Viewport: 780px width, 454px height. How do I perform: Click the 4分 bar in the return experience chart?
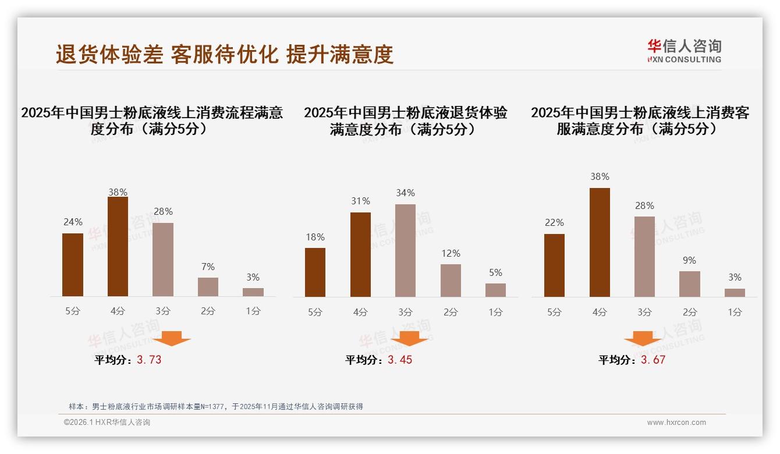(360, 254)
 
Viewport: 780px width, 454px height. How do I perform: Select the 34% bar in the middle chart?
(405, 250)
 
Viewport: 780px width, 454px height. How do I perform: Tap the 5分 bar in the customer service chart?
(554, 265)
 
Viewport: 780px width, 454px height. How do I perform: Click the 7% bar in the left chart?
(208, 287)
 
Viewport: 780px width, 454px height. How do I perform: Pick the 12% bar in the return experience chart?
(451, 281)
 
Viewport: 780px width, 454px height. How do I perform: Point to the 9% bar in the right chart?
(689, 284)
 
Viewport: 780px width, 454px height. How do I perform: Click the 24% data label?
(73, 222)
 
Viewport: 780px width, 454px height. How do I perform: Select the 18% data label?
(315, 237)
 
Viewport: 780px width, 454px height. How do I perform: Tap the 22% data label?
(554, 223)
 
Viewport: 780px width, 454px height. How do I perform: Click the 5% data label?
(495, 272)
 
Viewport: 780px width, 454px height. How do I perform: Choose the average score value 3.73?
(149, 360)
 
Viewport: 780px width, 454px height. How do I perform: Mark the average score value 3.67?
(653, 360)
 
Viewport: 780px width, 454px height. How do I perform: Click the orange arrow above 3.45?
(409, 338)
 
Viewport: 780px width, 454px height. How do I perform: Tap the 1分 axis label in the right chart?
(735, 312)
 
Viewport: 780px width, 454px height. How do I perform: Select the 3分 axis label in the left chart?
(162, 311)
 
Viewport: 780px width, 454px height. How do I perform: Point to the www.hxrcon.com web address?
(676, 423)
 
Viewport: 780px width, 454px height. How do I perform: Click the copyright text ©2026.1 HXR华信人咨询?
(107, 423)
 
